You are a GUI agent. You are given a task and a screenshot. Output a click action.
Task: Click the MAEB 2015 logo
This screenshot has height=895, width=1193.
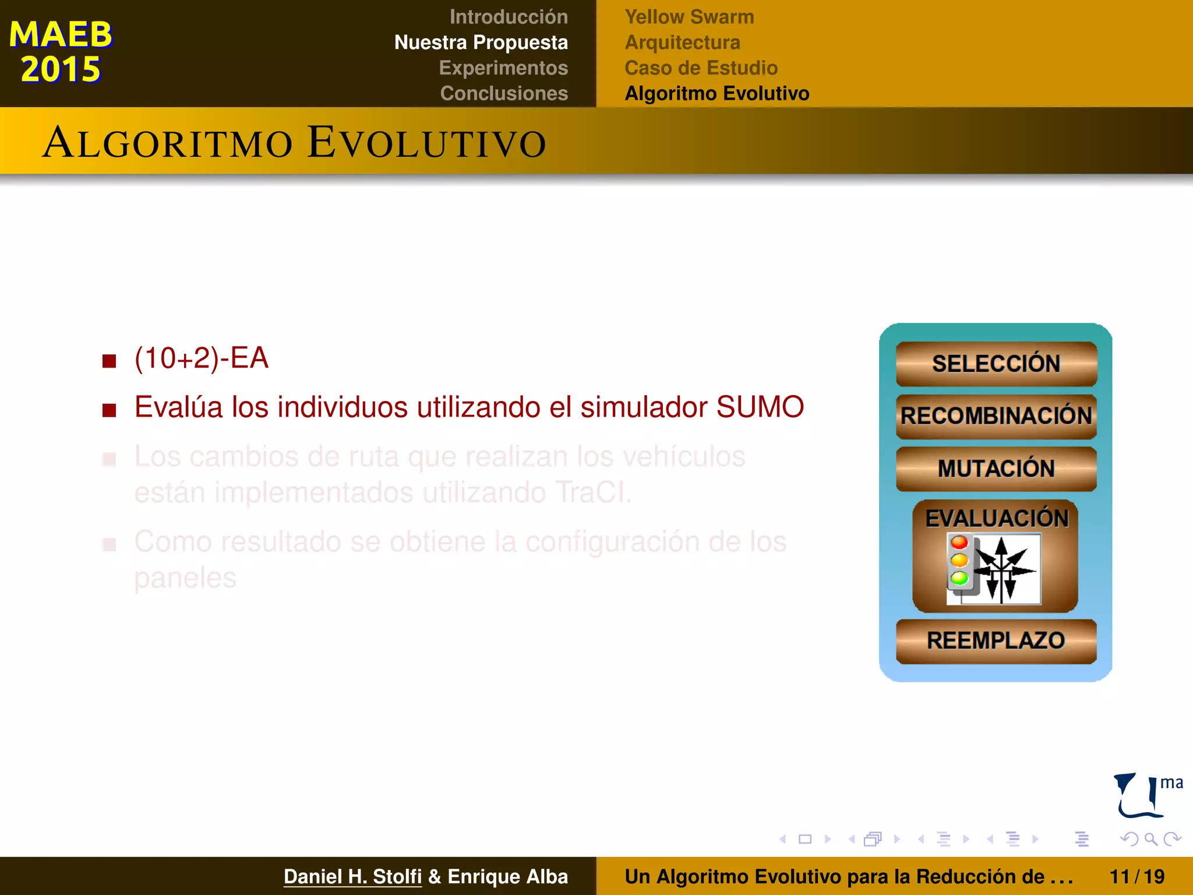coord(61,51)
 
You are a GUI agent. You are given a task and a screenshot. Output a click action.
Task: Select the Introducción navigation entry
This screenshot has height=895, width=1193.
coord(508,17)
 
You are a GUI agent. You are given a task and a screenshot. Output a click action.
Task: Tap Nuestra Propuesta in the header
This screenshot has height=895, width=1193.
coord(481,43)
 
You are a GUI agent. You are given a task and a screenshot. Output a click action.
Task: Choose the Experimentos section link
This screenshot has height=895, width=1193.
coord(503,68)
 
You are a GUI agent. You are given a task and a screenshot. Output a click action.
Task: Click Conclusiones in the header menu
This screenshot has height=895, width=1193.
coord(504,93)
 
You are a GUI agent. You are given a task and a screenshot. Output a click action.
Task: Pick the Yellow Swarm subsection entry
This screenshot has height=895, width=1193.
coord(689,17)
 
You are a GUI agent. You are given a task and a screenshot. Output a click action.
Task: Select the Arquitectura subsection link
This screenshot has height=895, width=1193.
coord(682,43)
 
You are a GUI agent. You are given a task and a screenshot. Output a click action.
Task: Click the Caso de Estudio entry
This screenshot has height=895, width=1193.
coord(701,68)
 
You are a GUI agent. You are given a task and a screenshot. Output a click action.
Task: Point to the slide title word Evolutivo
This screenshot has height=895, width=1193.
coord(427,143)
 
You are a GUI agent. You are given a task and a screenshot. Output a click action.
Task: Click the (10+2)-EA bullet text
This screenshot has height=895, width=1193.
coord(202,358)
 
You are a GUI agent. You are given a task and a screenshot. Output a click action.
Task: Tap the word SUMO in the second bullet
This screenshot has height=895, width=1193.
coord(760,407)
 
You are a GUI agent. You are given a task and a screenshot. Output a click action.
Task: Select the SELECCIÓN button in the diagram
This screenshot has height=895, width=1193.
coord(996,364)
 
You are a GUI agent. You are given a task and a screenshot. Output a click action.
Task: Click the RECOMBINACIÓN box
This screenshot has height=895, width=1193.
coord(996,416)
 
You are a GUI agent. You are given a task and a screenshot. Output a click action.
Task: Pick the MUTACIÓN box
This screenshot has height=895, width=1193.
coord(996,468)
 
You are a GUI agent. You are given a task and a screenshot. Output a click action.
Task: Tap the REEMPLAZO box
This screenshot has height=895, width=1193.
coord(996,641)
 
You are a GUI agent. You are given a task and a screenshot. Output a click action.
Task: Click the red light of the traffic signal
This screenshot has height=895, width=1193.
coord(959,543)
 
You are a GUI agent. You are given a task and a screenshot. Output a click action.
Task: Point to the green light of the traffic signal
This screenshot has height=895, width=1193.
coord(959,578)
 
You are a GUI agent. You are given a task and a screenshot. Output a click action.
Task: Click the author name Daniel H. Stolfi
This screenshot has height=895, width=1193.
coord(352,876)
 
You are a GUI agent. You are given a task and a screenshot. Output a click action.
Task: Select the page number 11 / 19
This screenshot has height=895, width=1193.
coord(1136,876)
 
